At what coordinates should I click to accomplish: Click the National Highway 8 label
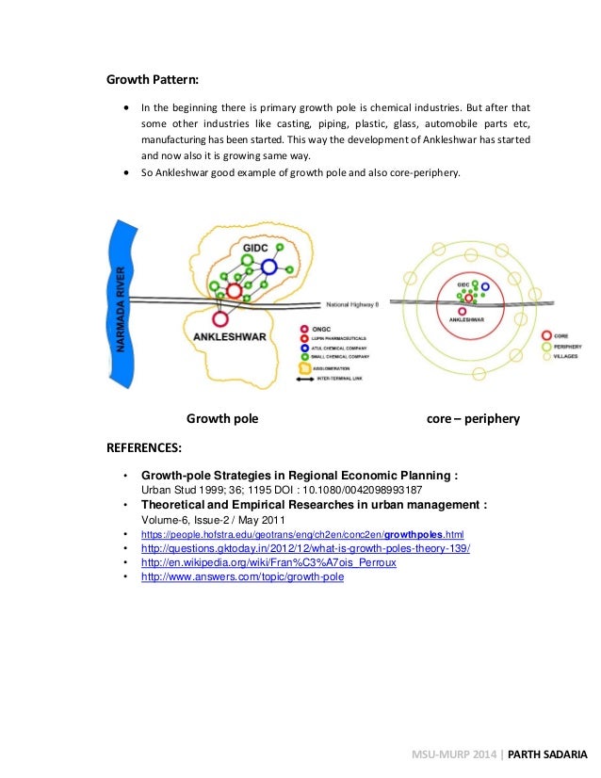click(351, 304)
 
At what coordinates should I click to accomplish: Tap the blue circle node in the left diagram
click(269, 267)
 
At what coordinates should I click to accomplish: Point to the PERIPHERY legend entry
click(567, 347)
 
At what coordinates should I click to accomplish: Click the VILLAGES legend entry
click(567, 357)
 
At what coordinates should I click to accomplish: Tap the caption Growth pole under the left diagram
click(222, 417)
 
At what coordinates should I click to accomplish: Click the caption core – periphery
click(473, 417)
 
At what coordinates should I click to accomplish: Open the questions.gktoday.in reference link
click(305, 547)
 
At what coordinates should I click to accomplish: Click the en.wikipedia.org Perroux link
click(268, 562)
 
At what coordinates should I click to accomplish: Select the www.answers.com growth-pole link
click(242, 576)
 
